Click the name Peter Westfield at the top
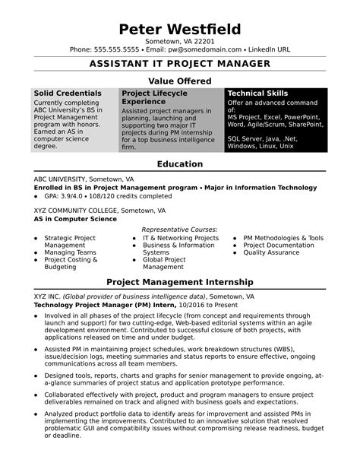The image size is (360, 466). click(x=180, y=29)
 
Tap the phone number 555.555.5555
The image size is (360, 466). click(x=118, y=49)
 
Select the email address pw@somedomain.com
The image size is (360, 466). click(x=201, y=49)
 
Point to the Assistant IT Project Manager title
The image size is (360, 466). click(x=180, y=65)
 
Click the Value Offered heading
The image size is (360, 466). click(x=180, y=80)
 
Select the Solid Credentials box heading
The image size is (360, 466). click(x=68, y=93)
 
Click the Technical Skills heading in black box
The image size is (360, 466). click(x=257, y=93)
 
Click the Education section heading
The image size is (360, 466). click(x=180, y=164)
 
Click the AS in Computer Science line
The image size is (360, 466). click(x=75, y=218)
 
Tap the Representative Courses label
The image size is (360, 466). click(x=180, y=229)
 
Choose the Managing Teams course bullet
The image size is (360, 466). click(x=70, y=252)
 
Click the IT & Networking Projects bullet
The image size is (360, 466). click(x=181, y=238)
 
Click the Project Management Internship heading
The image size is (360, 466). click(x=180, y=281)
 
